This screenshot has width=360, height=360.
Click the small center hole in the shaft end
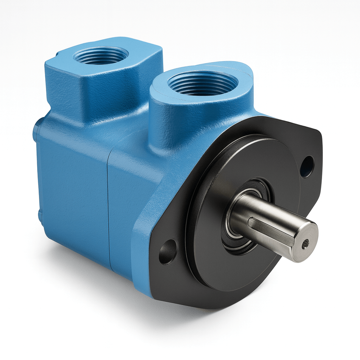coord(306,242)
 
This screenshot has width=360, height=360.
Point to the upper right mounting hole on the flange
coord(307,166)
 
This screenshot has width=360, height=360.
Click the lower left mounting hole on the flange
coord(168,252)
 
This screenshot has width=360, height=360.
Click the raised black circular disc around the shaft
coord(214,197)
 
